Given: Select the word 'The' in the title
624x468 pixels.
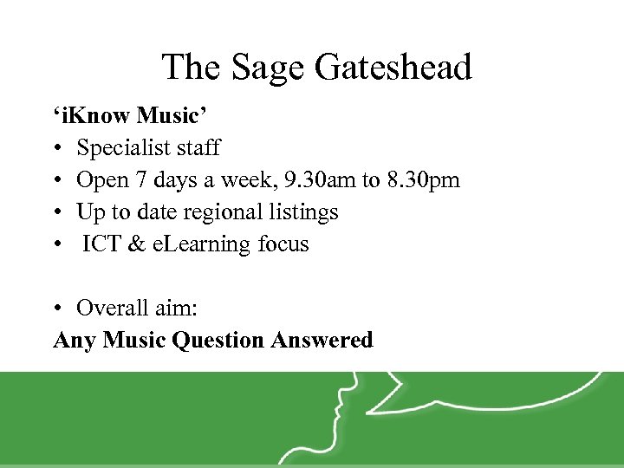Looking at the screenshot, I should (187, 68).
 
